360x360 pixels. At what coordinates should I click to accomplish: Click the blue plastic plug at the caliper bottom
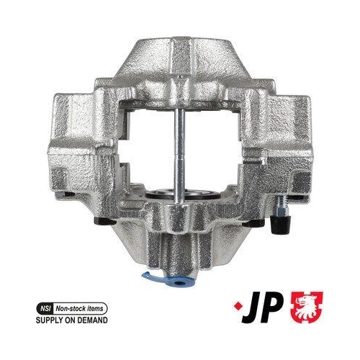tap(178, 282)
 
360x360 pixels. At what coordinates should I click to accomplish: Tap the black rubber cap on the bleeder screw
tap(281, 224)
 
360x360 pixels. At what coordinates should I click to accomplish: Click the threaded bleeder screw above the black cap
tap(281, 204)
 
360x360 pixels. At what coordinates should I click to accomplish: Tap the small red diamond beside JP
tap(235, 306)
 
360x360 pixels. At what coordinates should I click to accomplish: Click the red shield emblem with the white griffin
tap(307, 307)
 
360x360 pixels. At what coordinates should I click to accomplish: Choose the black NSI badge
tap(44, 309)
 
